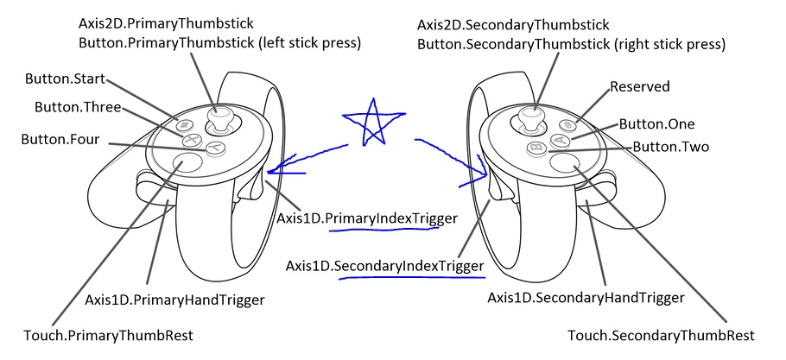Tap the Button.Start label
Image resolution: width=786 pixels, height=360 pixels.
click(65, 79)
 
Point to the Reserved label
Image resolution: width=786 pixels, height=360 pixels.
click(640, 87)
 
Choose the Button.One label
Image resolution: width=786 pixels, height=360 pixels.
click(656, 124)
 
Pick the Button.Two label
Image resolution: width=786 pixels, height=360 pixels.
click(671, 147)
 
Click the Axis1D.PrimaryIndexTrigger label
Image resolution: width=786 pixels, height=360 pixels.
click(365, 219)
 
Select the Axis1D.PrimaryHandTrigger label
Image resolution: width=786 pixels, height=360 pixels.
click(174, 300)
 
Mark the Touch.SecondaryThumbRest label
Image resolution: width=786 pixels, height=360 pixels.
click(661, 334)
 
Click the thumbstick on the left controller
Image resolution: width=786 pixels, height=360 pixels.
click(222, 117)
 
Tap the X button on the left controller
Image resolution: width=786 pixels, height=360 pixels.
click(191, 137)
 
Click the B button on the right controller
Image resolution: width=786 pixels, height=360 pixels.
click(537, 148)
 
